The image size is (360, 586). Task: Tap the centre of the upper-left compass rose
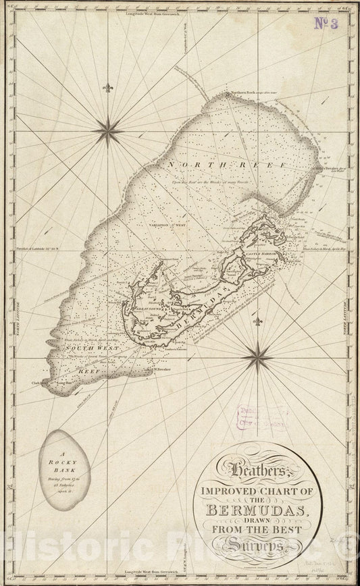point(107,130)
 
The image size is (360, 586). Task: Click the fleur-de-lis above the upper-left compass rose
point(107,88)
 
